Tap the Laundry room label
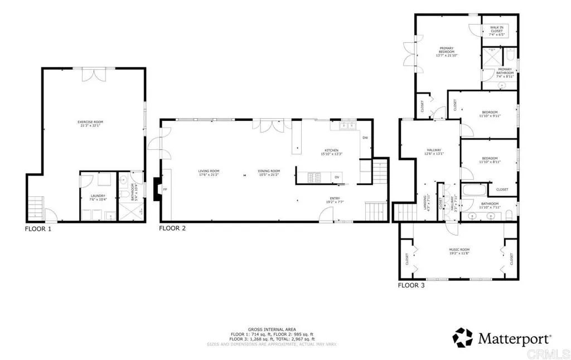coord(98,197)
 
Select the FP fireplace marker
coord(164,189)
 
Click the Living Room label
coord(209,172)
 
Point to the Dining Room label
coord(268,172)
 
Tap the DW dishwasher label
coord(365,138)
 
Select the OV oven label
coord(337,177)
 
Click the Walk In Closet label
coord(496,30)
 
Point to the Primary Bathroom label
coord(505,71)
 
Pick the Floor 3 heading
coord(411,285)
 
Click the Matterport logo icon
coord(462,338)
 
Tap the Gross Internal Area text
coord(272,330)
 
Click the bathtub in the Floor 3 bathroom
coord(476,192)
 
